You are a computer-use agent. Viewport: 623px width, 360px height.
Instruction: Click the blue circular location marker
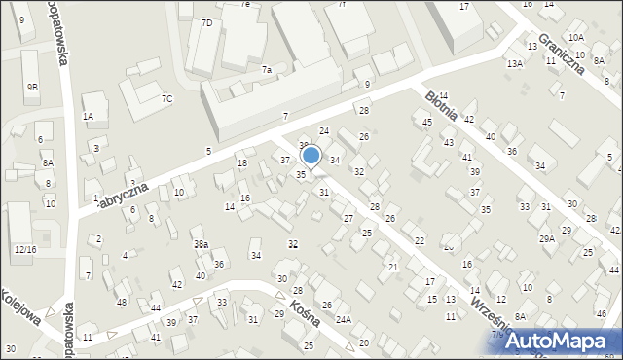[311, 155]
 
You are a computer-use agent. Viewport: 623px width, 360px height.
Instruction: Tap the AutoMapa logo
[561, 341]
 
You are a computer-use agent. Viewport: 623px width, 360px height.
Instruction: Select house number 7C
[166, 98]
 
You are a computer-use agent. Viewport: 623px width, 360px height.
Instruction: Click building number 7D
[206, 22]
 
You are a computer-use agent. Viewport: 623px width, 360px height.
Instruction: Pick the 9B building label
[32, 88]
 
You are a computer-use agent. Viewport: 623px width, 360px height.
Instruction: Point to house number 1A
[88, 117]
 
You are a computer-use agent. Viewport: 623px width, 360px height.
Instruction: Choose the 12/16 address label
[25, 250]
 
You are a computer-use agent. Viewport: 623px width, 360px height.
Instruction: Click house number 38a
[200, 244]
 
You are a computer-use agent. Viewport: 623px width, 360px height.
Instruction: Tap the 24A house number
[344, 319]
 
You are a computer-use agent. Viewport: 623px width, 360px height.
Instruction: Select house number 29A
[547, 238]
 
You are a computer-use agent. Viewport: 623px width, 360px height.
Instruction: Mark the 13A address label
[514, 63]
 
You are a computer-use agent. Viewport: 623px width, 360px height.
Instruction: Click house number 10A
[576, 37]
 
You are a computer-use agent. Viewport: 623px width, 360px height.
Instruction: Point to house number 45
[427, 122]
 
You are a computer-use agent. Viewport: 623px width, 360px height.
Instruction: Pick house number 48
[121, 302]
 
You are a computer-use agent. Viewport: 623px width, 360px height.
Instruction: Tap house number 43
[448, 142]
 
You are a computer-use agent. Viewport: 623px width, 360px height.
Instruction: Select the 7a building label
[266, 70]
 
